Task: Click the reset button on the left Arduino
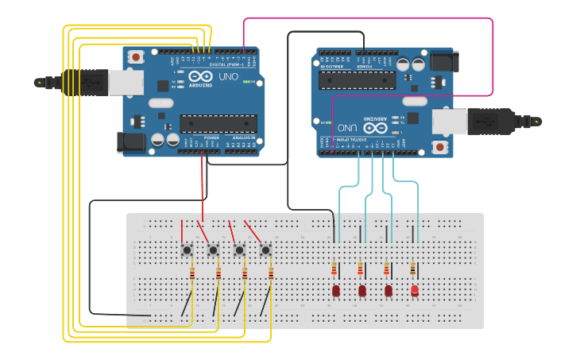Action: tap(137, 56)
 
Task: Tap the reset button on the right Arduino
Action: tap(439, 147)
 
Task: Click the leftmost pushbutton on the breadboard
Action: tap(187, 250)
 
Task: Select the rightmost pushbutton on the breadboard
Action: tap(265, 250)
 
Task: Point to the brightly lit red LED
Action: tap(415, 291)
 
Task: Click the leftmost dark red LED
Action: tap(336, 291)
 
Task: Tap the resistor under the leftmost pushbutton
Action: tap(192, 274)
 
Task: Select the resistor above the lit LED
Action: tap(412, 269)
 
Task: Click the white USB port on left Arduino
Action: tap(126, 82)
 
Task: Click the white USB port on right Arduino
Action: tap(450, 121)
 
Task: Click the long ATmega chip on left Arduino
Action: tap(218, 123)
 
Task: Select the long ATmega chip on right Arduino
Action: tap(357, 79)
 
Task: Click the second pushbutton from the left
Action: tap(213, 250)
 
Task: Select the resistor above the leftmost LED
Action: tap(334, 269)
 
